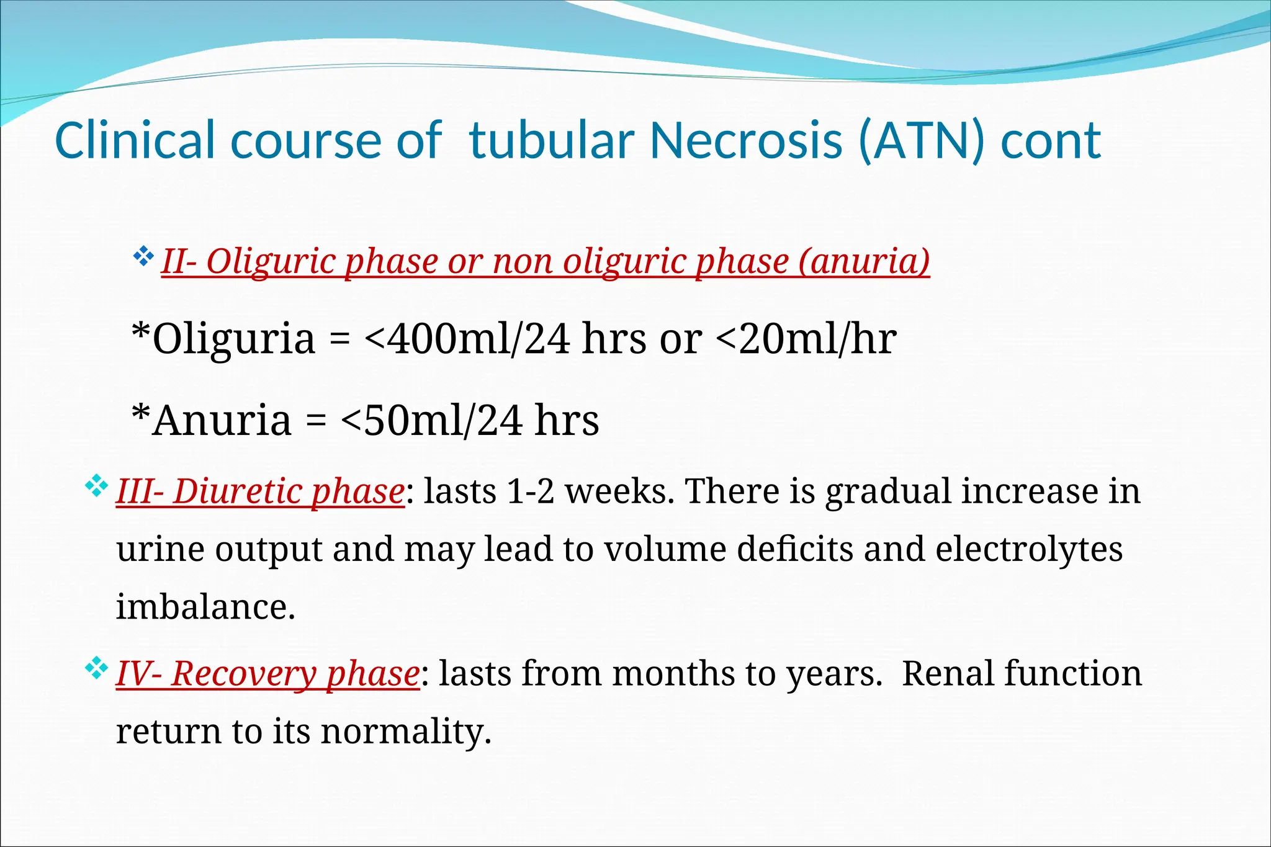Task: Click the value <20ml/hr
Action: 806,339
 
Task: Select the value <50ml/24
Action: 431,420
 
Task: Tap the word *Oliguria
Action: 224,339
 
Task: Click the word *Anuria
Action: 212,420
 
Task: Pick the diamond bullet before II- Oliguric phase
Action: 143,256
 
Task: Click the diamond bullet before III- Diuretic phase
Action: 96,486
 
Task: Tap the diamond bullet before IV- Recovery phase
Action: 96,668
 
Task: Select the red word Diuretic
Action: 238,491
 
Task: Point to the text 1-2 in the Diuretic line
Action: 531,491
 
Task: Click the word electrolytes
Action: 1029,550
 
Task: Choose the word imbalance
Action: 205,607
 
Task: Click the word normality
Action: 406,732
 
